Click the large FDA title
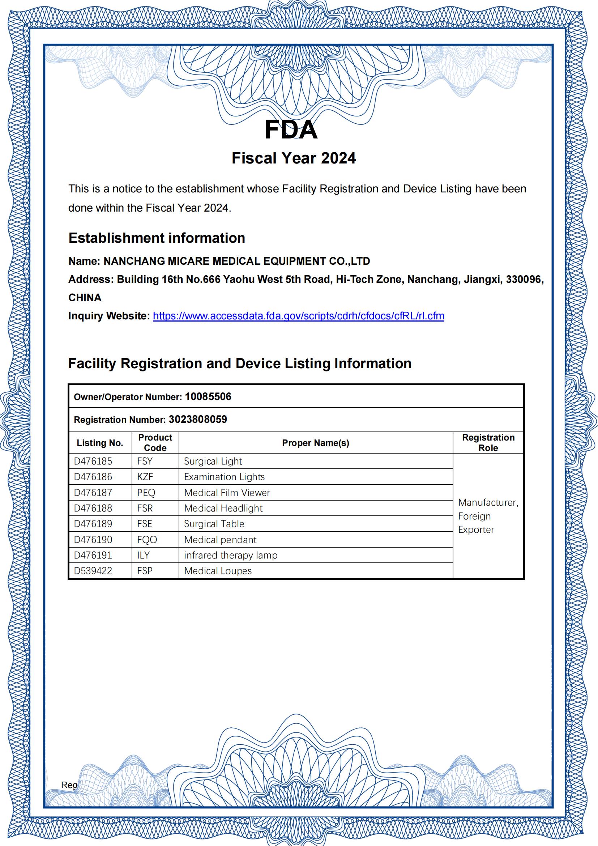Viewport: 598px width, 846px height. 291,130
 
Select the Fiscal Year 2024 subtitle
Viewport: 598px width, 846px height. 294,158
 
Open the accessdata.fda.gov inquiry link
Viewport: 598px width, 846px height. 298,316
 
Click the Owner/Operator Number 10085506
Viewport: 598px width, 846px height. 208,396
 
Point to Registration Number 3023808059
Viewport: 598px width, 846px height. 198,419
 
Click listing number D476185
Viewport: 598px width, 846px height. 93,461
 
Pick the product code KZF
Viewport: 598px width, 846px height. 145,477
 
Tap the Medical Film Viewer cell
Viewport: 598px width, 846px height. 227,492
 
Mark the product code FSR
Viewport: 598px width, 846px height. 145,508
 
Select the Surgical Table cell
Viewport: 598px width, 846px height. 214,524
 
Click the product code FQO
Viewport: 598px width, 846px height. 147,539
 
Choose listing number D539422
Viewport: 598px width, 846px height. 93,571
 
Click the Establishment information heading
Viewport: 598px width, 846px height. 157,238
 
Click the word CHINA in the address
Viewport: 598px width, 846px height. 85,298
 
